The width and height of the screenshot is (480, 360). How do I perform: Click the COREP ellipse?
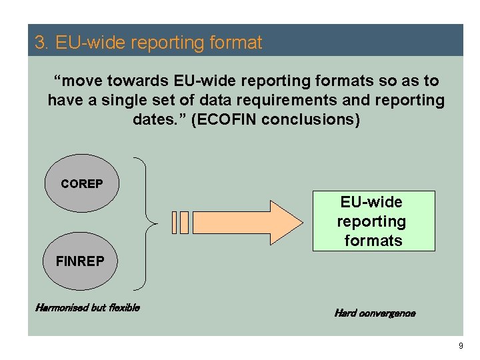82,183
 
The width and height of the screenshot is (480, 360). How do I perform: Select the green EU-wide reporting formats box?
373,221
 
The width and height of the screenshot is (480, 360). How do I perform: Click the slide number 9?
460,346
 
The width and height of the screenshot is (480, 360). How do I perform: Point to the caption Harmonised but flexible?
87,308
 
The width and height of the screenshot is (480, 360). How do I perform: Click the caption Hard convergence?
374,313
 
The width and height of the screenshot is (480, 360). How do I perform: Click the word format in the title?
237,43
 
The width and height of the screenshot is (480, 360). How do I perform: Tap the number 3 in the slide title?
39,43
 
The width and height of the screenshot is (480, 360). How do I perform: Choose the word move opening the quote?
84,81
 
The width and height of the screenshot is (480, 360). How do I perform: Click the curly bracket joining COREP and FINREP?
148,223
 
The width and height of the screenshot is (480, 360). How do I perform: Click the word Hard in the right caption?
345,313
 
